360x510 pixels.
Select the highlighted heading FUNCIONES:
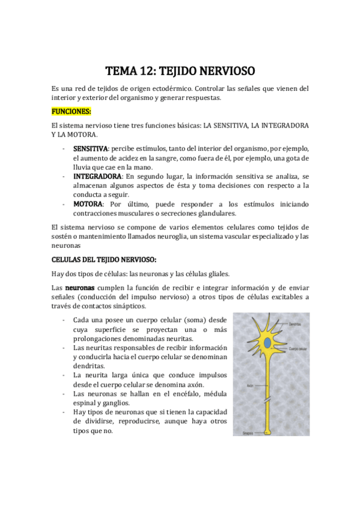[72, 112]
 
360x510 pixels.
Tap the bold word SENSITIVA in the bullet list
[90, 149]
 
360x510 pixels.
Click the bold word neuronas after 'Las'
[79, 289]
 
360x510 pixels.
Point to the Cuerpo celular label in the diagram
[298, 348]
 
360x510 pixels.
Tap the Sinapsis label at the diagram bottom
[248, 432]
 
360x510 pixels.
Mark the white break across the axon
[268, 401]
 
